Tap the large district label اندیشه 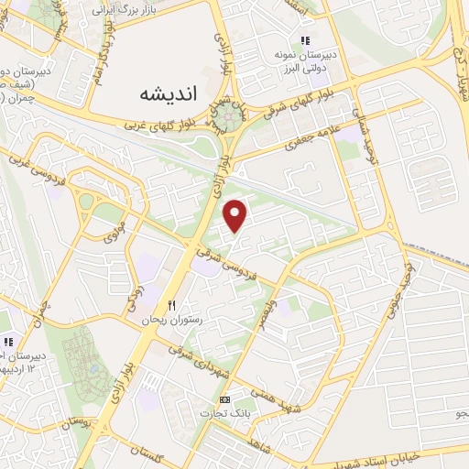169,93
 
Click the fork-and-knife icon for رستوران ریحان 169,306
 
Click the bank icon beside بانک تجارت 224,399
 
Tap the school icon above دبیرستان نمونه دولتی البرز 306,40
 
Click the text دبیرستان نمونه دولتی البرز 312,60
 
